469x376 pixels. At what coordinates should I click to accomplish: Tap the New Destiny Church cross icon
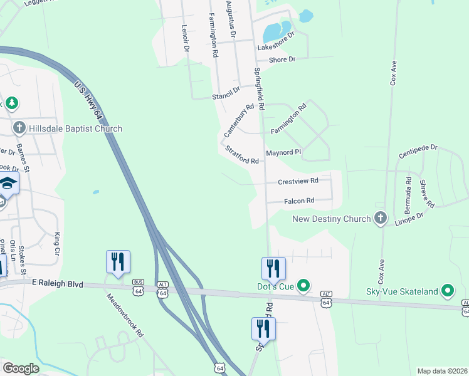point(380,219)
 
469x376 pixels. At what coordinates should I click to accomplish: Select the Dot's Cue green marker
point(303,286)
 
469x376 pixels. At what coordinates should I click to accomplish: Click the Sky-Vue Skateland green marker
point(448,291)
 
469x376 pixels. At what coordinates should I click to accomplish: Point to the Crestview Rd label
point(298,181)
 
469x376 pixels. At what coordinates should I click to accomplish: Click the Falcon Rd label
point(298,201)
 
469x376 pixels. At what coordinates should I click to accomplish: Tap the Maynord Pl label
point(284,152)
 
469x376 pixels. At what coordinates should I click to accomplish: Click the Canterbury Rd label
point(239,120)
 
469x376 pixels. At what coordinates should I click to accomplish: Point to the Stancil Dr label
point(226,93)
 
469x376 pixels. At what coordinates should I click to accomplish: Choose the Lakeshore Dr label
point(276,43)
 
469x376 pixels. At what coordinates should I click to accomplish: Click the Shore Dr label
point(282,60)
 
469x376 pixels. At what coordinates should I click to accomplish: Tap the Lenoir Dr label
point(185,38)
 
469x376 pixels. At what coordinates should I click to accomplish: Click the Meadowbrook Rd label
point(125,316)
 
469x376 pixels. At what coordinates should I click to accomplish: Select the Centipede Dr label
point(418,151)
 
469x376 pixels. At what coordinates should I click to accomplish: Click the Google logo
point(21,368)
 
